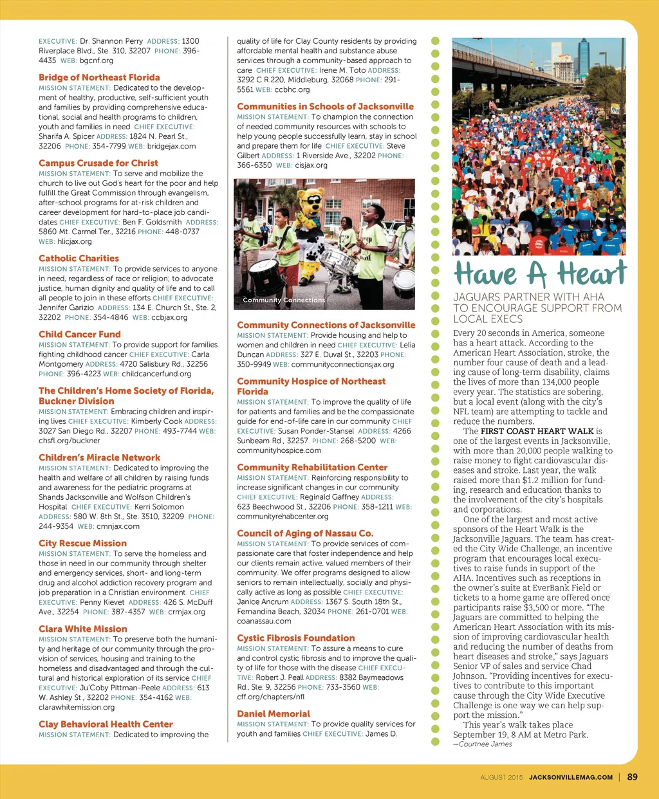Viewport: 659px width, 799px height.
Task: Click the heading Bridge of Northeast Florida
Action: tap(99, 77)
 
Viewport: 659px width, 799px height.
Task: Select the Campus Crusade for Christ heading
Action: tap(98, 163)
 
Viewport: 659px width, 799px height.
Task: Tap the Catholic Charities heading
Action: tap(79, 259)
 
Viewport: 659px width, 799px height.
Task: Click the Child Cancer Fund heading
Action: tap(80, 335)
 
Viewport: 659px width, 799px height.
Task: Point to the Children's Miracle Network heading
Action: tap(99, 458)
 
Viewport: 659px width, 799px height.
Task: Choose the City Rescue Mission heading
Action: tap(82, 544)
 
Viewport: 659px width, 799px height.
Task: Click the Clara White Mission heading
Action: tap(83, 629)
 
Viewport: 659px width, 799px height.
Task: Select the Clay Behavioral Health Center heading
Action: tap(106, 724)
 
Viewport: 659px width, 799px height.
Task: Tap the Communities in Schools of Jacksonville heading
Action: tap(325, 107)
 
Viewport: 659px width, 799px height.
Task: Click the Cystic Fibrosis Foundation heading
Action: tap(296, 638)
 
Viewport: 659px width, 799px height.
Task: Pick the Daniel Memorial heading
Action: tap(274, 714)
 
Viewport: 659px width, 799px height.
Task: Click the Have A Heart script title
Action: tap(539, 274)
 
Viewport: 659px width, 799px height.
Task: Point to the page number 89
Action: tap(632, 777)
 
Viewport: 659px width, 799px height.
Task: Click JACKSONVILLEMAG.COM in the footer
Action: tap(571, 777)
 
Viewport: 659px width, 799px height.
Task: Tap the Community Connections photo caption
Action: tap(284, 300)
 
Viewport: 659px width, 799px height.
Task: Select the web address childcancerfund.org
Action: tap(156, 374)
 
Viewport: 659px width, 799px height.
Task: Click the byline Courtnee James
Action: tap(485, 744)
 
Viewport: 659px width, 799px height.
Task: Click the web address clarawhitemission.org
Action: tap(77, 707)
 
